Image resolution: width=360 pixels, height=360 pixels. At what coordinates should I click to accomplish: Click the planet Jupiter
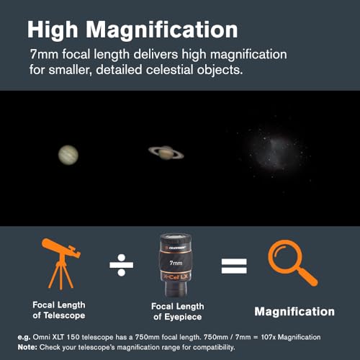[x=70, y=153]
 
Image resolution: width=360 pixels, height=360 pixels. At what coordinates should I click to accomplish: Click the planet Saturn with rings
[x=166, y=151]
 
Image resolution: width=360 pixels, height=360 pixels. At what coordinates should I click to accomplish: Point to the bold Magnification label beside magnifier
[x=295, y=312]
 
